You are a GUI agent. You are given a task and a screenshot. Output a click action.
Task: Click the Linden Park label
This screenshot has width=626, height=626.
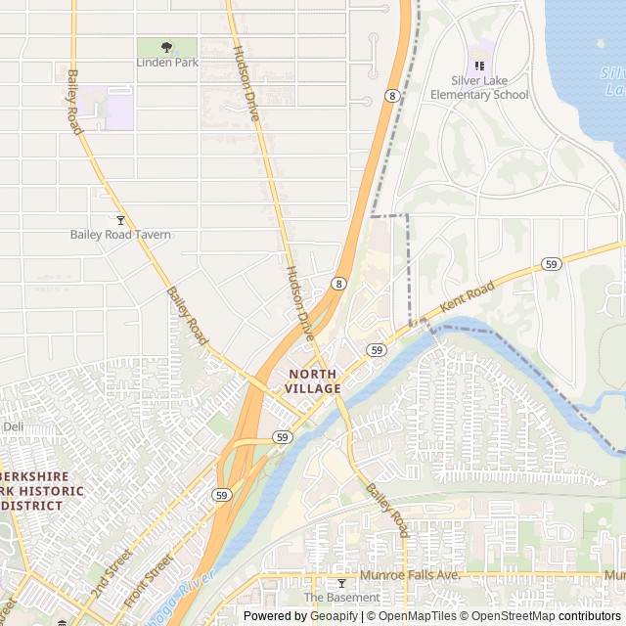tap(166, 64)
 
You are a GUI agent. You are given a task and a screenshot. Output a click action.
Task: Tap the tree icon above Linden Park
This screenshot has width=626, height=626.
tap(166, 46)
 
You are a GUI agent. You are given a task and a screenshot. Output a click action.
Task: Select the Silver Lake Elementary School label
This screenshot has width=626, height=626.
tap(479, 88)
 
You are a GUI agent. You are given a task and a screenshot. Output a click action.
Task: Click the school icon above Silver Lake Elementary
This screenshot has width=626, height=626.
tap(479, 66)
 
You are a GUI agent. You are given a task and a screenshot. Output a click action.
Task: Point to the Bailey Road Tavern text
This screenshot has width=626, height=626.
tap(120, 235)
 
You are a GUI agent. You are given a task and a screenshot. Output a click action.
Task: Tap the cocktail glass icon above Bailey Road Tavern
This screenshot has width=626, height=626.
tap(120, 220)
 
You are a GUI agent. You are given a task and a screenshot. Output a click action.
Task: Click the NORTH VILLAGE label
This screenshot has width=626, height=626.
tap(313, 381)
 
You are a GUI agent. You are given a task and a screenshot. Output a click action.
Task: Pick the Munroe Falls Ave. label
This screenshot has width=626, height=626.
tap(410, 575)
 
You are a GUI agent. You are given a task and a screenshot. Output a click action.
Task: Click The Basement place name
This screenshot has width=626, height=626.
tap(341, 598)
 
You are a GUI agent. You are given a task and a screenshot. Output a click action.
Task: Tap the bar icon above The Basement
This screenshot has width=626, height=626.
tap(341, 583)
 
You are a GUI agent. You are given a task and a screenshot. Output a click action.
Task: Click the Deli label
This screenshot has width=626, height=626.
tap(13, 427)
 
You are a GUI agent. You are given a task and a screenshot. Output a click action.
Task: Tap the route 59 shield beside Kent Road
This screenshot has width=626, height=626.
tap(552, 264)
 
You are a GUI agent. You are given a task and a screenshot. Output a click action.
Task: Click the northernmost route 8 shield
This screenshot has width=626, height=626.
tap(391, 95)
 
